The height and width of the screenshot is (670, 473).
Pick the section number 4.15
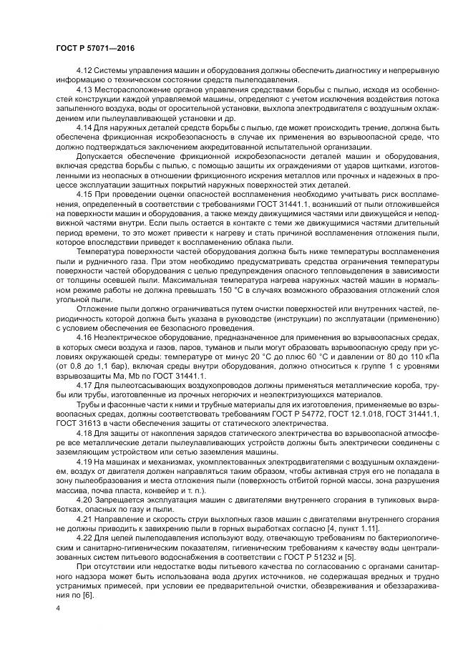click(x=84, y=195)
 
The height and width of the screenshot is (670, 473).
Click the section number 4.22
click(x=84, y=550)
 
